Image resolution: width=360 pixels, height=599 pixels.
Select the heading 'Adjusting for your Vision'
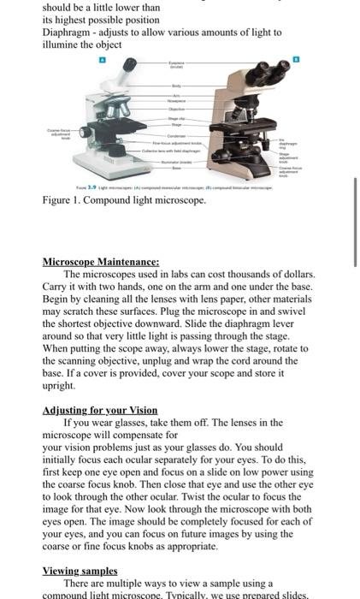tap(99, 410)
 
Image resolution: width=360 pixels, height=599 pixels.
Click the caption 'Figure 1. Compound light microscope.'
tap(124, 199)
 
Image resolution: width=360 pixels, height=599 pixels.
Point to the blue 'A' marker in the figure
tap(103, 61)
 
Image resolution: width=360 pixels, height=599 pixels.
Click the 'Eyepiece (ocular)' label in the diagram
tap(178, 65)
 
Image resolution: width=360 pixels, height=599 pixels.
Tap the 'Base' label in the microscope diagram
tap(176, 168)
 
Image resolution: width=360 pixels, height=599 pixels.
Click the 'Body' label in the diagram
tap(176, 86)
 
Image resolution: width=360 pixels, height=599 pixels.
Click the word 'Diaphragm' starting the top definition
tap(70, 32)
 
